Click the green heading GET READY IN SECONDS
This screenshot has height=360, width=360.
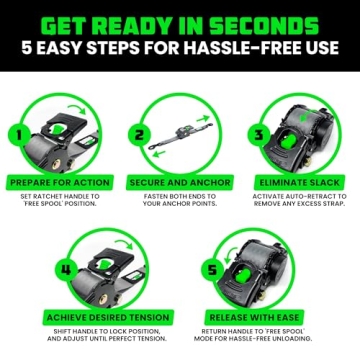pos(180,23)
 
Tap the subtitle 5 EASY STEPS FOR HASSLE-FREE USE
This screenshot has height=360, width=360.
pos(180,52)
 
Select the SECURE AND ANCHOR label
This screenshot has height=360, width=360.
pos(179,183)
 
